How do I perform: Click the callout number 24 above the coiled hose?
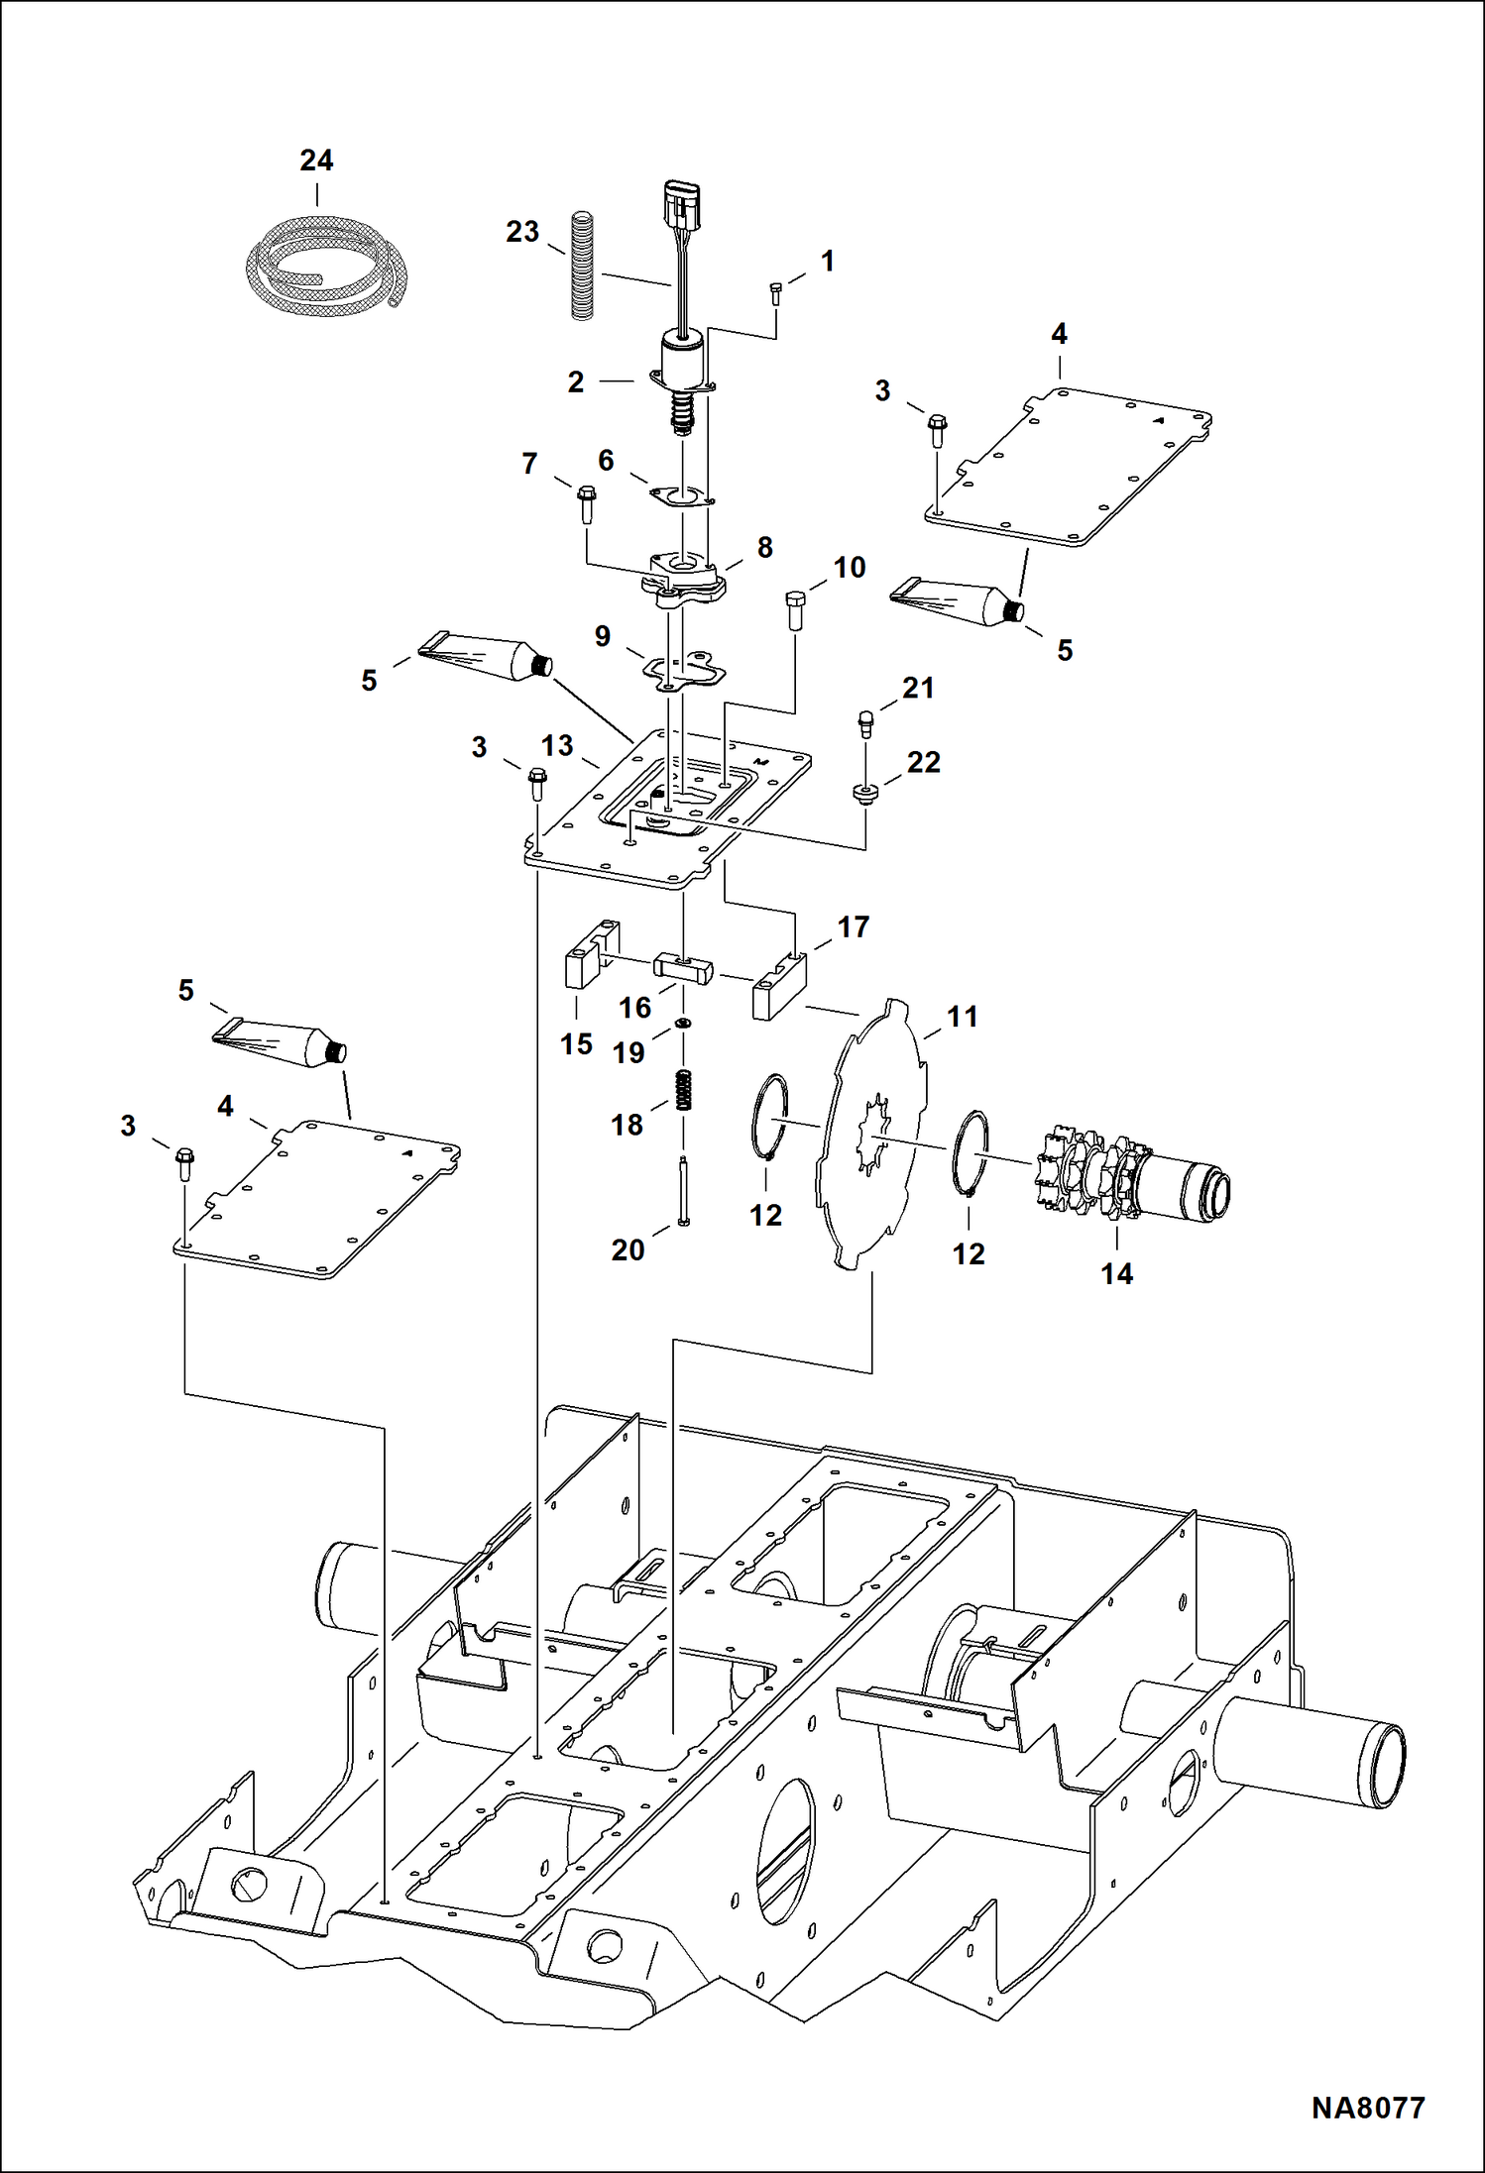pos(316,161)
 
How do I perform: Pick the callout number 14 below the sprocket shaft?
pos(1116,1273)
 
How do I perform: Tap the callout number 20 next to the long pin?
pos(628,1249)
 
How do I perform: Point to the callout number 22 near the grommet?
pos(923,762)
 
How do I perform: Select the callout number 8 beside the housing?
pos(764,547)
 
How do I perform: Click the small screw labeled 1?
pos(775,293)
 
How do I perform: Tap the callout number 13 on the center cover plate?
pos(557,745)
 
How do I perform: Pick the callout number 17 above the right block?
pos(853,927)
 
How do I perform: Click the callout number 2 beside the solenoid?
pos(576,381)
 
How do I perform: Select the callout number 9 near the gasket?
pos(602,636)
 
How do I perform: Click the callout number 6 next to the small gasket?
pos(606,460)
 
